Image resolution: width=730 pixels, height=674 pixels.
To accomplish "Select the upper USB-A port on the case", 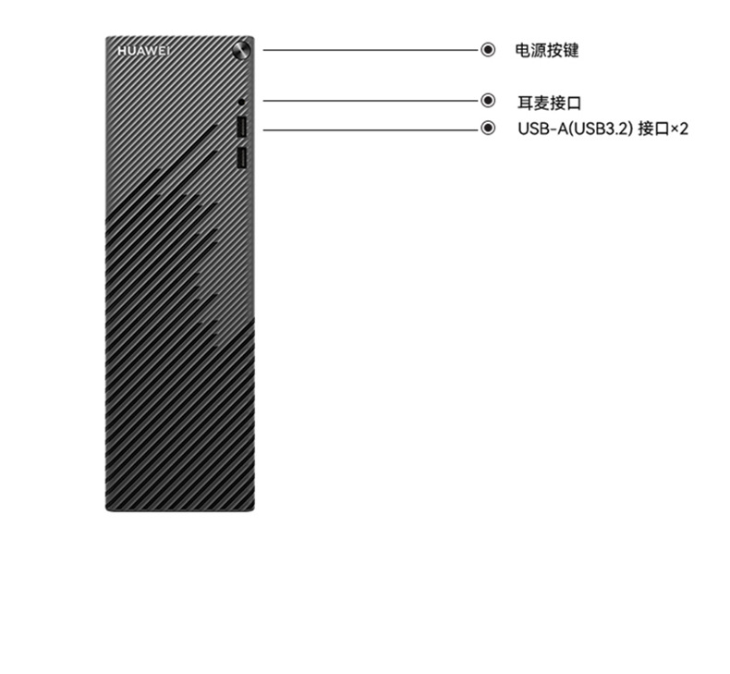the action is pyautogui.click(x=241, y=127).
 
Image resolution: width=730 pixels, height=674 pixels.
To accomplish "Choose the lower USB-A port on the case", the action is pyautogui.click(x=241, y=159).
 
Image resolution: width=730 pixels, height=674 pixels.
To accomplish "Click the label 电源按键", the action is pyautogui.click(x=546, y=51).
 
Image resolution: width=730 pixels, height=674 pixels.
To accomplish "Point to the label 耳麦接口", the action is pyautogui.click(x=549, y=103).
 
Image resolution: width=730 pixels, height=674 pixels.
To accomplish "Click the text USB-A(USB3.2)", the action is pyautogui.click(x=574, y=129).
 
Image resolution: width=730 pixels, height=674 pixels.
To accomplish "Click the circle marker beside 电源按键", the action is pyautogui.click(x=488, y=50).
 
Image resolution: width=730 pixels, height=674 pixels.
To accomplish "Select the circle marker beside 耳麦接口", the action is pyautogui.click(x=488, y=101).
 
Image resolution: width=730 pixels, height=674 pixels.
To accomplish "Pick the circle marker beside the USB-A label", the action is pyautogui.click(x=488, y=129).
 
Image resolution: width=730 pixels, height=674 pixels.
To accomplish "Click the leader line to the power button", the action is pyautogui.click(x=370, y=50).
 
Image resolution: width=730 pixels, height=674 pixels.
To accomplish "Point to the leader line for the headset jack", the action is pyautogui.click(x=370, y=101).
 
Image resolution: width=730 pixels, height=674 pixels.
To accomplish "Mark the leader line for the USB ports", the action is pyautogui.click(x=370, y=129).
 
